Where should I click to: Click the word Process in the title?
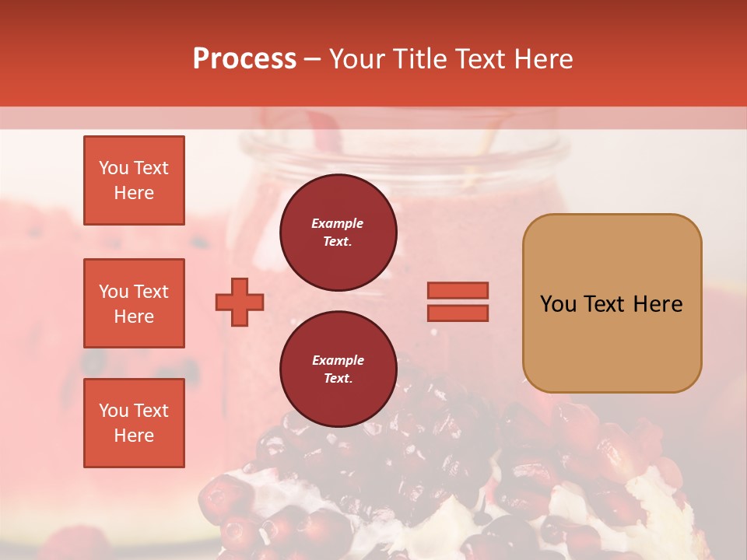point(244,59)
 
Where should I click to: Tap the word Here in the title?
point(543,59)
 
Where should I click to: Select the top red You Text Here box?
point(134,180)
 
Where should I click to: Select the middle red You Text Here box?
point(134,303)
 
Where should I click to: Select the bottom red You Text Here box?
point(134,423)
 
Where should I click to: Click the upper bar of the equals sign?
point(458,291)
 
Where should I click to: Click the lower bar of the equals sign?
point(458,313)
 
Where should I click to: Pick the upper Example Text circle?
point(338,233)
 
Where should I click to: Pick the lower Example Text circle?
point(338,369)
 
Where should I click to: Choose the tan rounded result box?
point(612,303)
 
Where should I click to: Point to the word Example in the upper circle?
point(338,224)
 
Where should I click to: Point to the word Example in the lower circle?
point(338,361)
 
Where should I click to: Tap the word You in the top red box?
point(114,168)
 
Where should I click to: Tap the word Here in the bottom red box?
point(134,436)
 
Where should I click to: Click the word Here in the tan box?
point(659,304)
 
